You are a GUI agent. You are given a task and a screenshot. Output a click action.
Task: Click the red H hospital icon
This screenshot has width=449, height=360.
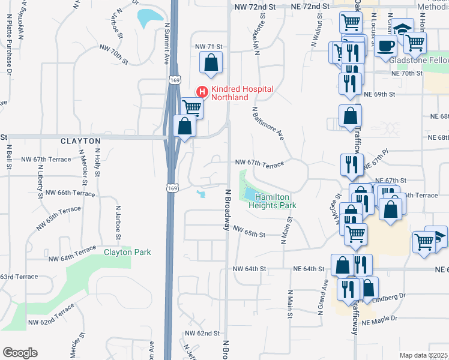(x=202, y=92)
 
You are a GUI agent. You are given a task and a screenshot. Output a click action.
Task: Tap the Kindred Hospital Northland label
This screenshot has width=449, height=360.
(x=242, y=93)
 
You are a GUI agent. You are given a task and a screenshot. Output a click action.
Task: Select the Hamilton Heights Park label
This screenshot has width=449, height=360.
(x=273, y=201)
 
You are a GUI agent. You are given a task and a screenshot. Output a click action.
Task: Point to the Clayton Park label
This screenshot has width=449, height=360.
(x=127, y=253)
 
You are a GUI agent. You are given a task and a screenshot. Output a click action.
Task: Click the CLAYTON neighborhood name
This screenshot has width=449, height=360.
(x=80, y=140)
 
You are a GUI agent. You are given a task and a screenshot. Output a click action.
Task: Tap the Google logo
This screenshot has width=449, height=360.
(x=20, y=353)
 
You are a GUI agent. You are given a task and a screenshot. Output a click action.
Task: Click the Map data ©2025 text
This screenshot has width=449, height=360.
(x=423, y=355)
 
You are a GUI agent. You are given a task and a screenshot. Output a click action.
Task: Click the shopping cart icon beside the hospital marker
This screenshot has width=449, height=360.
(x=191, y=107)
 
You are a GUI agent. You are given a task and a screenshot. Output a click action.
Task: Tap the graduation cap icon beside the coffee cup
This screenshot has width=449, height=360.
(x=404, y=28)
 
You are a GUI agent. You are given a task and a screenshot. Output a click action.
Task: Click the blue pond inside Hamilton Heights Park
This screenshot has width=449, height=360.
(x=250, y=193)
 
